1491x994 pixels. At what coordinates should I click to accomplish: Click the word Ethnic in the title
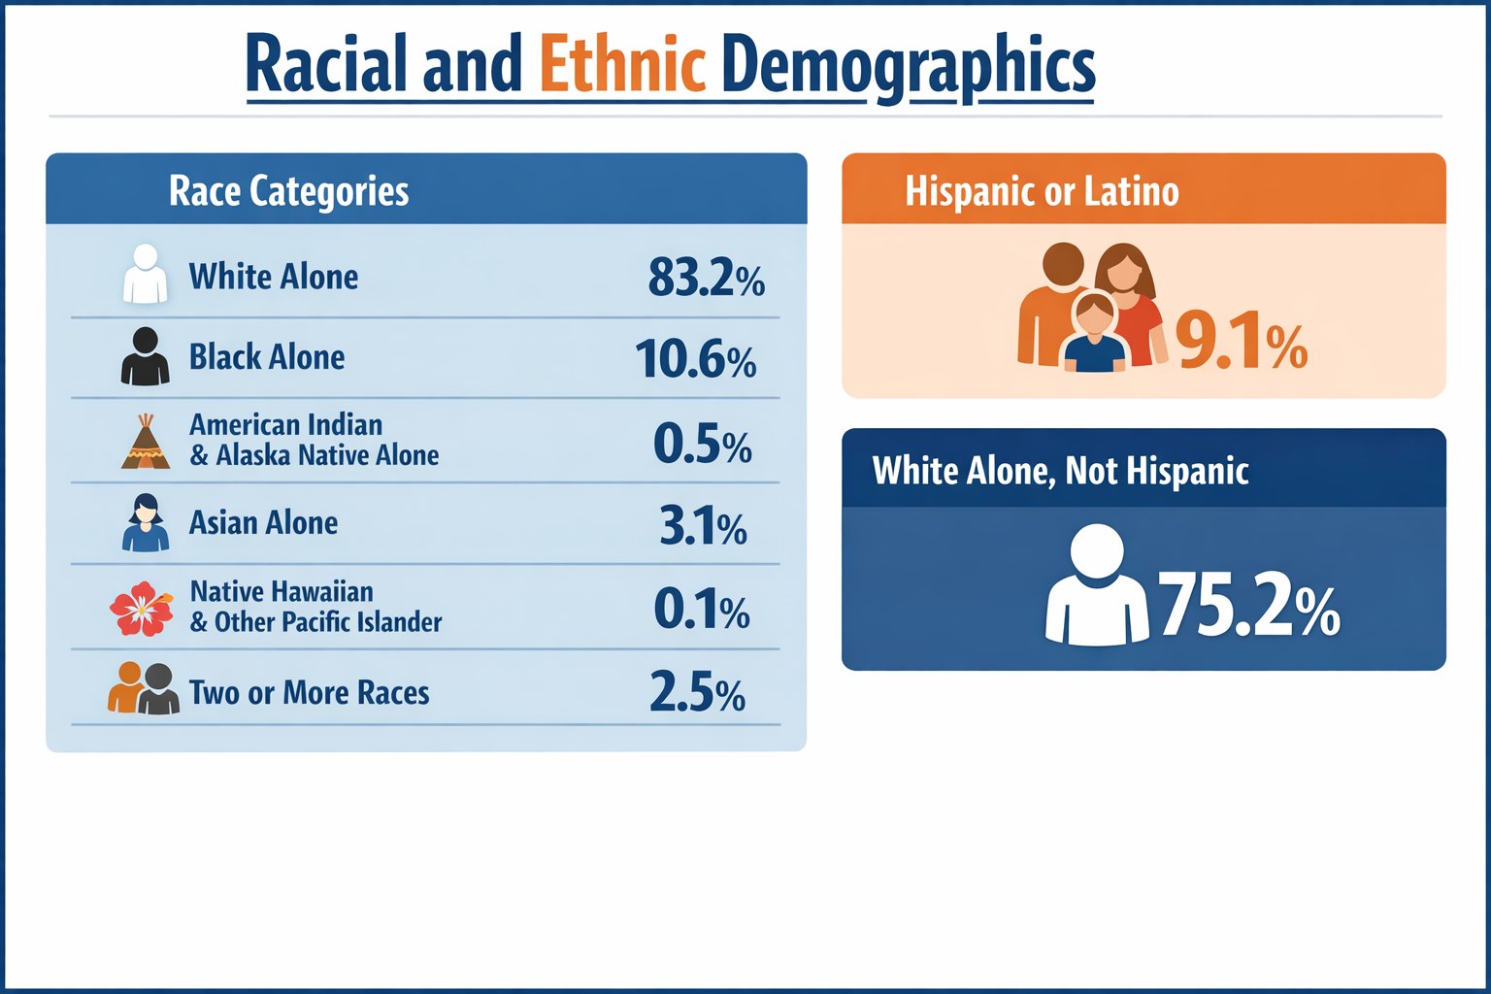pos(621,64)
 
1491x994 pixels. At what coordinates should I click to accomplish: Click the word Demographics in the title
pos(909,66)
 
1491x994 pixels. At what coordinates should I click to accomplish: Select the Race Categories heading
pos(288,190)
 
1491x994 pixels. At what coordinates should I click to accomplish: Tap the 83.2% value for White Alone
pos(706,278)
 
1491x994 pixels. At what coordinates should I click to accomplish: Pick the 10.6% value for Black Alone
pos(695,359)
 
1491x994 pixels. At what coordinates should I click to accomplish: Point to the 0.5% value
pos(702,444)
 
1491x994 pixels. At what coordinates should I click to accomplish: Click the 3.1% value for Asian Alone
pos(703,526)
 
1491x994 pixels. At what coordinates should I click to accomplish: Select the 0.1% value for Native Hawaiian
pos(701,610)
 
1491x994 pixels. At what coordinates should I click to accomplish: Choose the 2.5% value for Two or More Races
pos(697,693)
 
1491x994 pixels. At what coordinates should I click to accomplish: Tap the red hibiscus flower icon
pos(142,609)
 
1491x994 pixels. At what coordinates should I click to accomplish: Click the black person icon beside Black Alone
pos(145,356)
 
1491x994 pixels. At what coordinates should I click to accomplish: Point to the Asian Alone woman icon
pos(146,523)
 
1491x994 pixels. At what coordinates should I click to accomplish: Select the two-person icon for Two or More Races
pos(144,689)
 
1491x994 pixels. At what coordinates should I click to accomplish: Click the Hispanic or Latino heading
pos(1042,191)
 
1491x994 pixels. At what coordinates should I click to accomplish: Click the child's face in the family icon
pos(1095,315)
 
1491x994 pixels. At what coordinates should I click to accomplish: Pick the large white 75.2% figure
pos(1248,605)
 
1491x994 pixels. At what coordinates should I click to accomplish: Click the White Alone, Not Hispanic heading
pos(1060,471)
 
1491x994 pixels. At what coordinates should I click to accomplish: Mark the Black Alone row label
pos(267,357)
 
